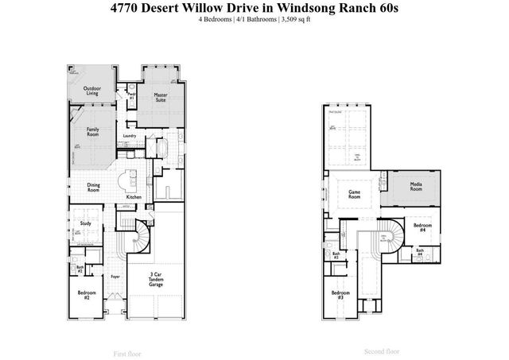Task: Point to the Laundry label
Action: tap(130, 136)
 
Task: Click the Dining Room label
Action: tap(94, 188)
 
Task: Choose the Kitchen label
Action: tap(134, 196)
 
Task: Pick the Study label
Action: tap(85, 223)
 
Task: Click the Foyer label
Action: tap(115, 277)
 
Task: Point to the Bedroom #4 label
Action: tap(422, 227)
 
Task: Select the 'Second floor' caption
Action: tap(381, 350)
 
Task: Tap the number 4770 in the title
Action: tap(122, 7)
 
